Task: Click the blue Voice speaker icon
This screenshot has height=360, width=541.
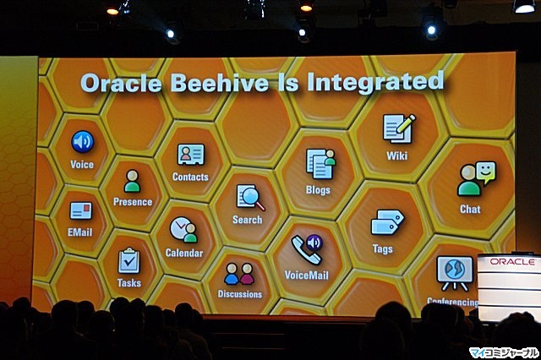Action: (x=83, y=142)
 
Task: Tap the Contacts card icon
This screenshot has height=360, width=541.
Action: (x=191, y=155)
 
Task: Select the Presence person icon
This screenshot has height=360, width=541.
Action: (x=132, y=181)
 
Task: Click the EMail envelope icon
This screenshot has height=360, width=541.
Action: (x=81, y=210)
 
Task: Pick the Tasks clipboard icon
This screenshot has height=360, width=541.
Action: (x=129, y=260)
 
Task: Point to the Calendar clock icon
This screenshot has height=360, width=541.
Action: (x=183, y=230)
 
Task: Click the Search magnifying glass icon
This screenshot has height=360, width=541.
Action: (x=250, y=198)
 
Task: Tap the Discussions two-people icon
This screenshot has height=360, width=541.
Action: (x=239, y=274)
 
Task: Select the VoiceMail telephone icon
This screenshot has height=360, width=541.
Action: (x=307, y=249)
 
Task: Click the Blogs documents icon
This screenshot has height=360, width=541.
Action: (x=320, y=164)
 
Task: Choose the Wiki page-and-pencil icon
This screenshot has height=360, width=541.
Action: (x=399, y=128)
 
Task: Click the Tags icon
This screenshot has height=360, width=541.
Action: (x=387, y=222)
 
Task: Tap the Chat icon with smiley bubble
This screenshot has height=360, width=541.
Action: (x=477, y=179)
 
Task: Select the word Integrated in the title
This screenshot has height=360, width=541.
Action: (x=375, y=82)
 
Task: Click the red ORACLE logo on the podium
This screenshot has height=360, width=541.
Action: (x=512, y=262)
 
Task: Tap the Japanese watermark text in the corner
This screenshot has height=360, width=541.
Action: (x=504, y=352)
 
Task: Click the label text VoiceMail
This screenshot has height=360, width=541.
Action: (x=306, y=275)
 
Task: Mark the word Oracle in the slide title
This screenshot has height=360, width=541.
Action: (x=121, y=84)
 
